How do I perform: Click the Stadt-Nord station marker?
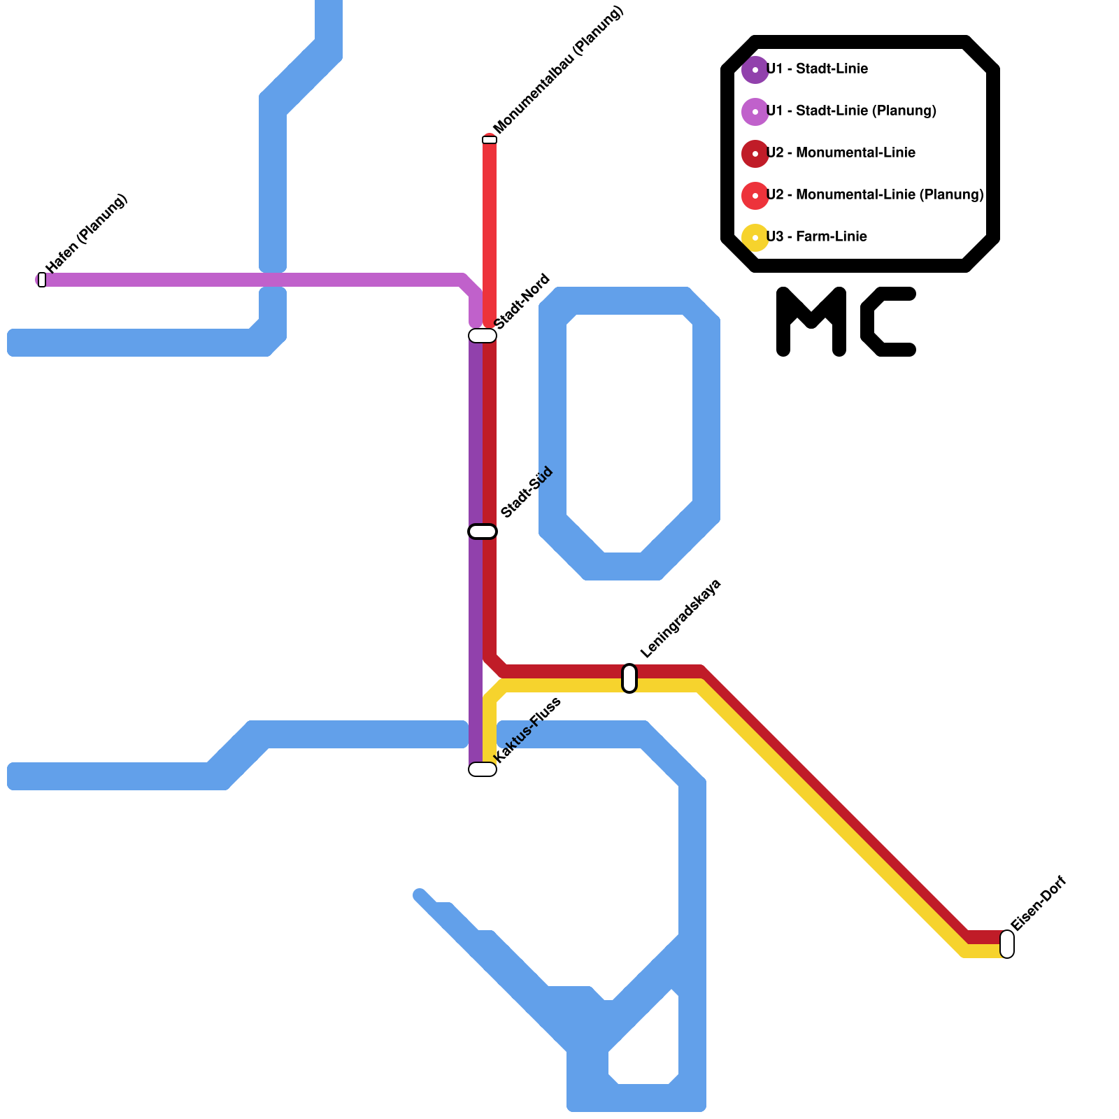point(483,336)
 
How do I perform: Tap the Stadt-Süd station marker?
point(483,532)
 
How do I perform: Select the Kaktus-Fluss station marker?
point(483,769)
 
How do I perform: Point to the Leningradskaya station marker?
point(629,678)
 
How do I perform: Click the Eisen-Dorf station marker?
point(1007,944)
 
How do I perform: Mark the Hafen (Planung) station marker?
point(42,280)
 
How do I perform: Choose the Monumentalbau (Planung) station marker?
point(490,140)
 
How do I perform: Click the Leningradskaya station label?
point(680,619)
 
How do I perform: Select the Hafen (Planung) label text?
point(87,234)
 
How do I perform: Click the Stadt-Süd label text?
point(527,492)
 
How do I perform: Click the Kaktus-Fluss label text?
point(527,730)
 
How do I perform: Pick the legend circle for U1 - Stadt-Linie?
point(755,70)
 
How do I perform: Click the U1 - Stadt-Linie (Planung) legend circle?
point(755,112)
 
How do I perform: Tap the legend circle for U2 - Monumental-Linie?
point(755,154)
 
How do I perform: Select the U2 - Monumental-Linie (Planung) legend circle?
point(755,196)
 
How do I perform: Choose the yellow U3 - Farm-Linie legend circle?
point(755,238)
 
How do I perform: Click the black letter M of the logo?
point(811,322)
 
